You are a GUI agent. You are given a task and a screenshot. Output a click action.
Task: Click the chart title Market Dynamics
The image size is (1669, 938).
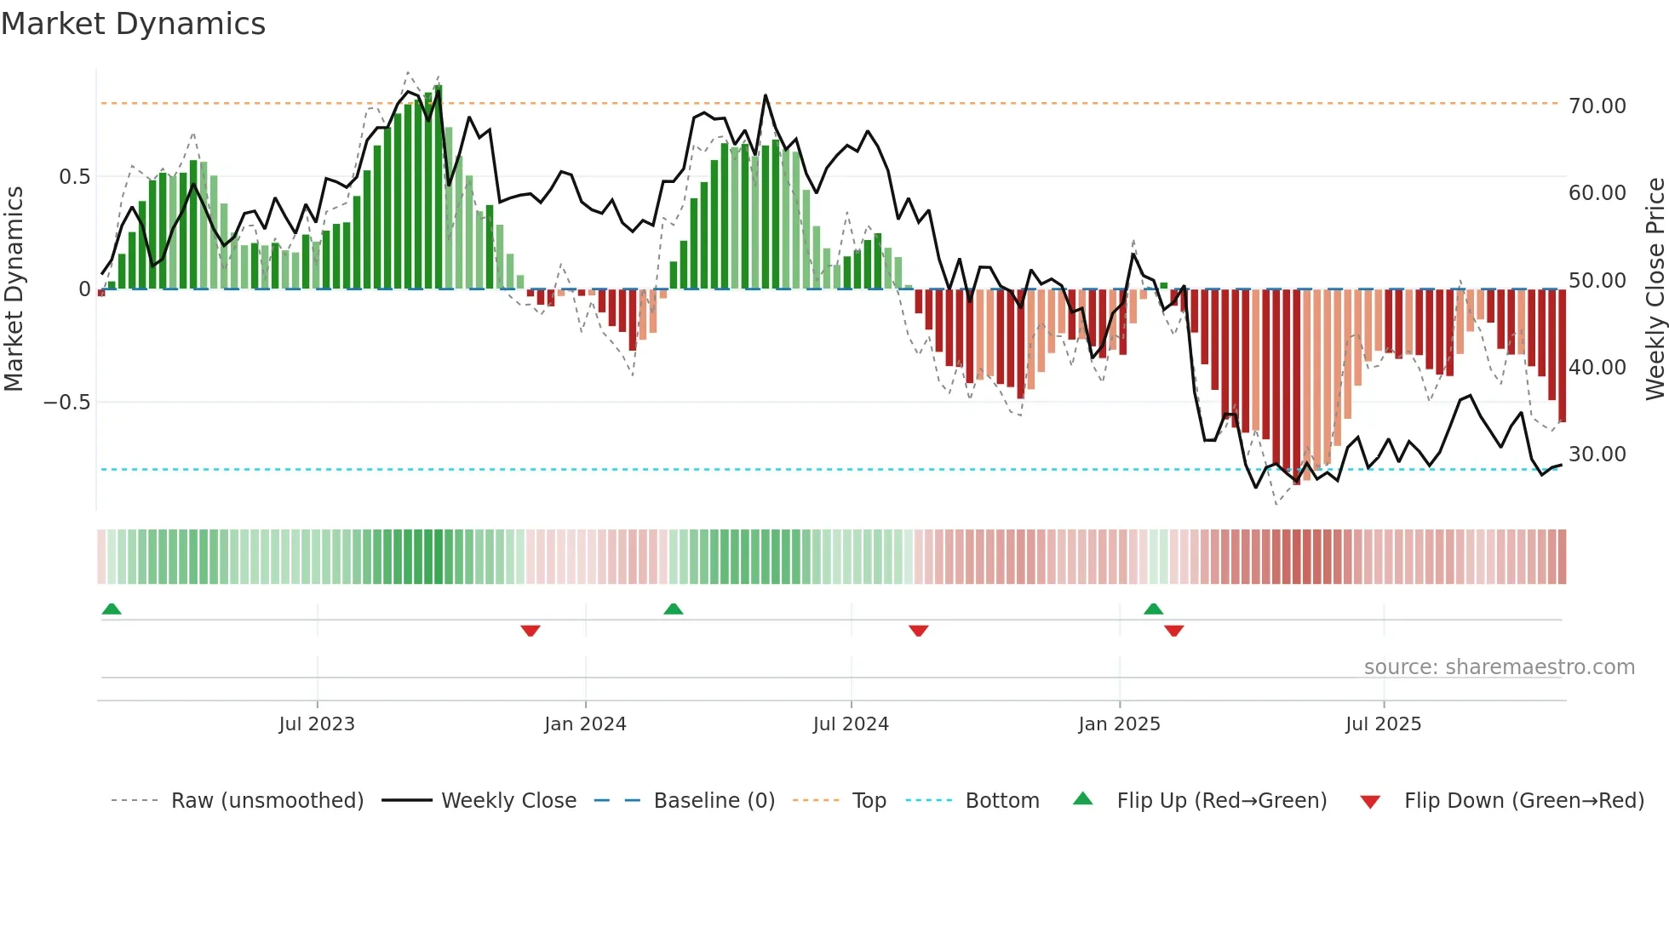point(133,24)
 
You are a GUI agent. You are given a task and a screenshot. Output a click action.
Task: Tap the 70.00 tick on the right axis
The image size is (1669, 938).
point(1597,106)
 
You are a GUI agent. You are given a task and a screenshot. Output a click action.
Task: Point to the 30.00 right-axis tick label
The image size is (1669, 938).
point(1597,455)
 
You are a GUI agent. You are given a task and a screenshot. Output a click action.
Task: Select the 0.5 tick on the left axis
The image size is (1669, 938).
point(74,177)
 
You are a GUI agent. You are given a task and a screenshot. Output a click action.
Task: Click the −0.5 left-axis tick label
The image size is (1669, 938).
point(67,403)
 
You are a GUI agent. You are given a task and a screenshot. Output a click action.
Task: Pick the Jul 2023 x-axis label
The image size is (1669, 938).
point(316,724)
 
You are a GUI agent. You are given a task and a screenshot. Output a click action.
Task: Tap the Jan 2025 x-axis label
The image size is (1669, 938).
point(1118,724)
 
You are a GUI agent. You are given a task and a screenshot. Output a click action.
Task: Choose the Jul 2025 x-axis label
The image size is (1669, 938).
point(1383,724)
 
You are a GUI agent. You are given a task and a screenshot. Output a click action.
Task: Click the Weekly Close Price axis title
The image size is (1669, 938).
point(1655,289)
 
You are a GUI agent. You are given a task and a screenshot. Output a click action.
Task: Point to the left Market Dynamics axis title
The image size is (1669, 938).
point(14,289)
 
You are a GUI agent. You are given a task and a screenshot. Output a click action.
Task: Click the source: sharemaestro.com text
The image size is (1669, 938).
point(1499,667)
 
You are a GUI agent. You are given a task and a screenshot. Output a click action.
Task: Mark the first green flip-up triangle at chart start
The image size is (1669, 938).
point(112,609)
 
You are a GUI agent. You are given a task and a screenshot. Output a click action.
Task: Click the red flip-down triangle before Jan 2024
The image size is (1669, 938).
point(530,631)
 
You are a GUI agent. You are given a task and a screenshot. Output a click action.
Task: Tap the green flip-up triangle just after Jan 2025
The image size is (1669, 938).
point(1153,609)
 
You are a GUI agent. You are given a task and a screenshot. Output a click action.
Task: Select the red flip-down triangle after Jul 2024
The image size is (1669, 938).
point(918,631)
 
